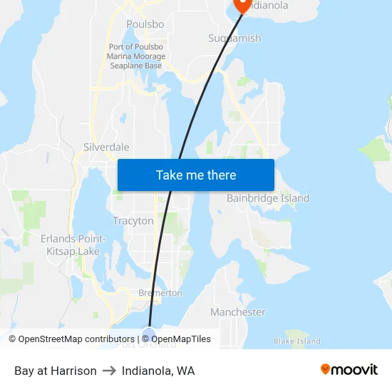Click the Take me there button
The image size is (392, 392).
(x=196, y=175)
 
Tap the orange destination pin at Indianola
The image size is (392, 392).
(x=243, y=5)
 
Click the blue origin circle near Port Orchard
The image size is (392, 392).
(x=148, y=333)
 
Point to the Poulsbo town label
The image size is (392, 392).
(x=145, y=24)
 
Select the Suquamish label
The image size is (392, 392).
(x=234, y=38)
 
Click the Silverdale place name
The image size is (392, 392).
(x=106, y=147)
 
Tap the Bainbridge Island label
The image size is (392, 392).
(x=268, y=198)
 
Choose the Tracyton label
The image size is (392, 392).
(x=133, y=221)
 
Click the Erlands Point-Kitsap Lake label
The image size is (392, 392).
(x=73, y=244)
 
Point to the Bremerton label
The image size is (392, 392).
(x=160, y=293)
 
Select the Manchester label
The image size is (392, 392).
(x=237, y=312)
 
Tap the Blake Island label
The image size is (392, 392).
(x=297, y=341)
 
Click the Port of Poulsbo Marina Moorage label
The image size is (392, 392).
(x=136, y=56)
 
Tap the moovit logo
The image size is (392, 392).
(x=349, y=370)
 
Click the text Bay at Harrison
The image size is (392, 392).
(x=56, y=371)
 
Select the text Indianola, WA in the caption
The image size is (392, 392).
(x=158, y=371)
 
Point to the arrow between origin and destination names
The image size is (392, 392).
(x=109, y=371)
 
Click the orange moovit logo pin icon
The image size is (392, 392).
(x=325, y=369)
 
